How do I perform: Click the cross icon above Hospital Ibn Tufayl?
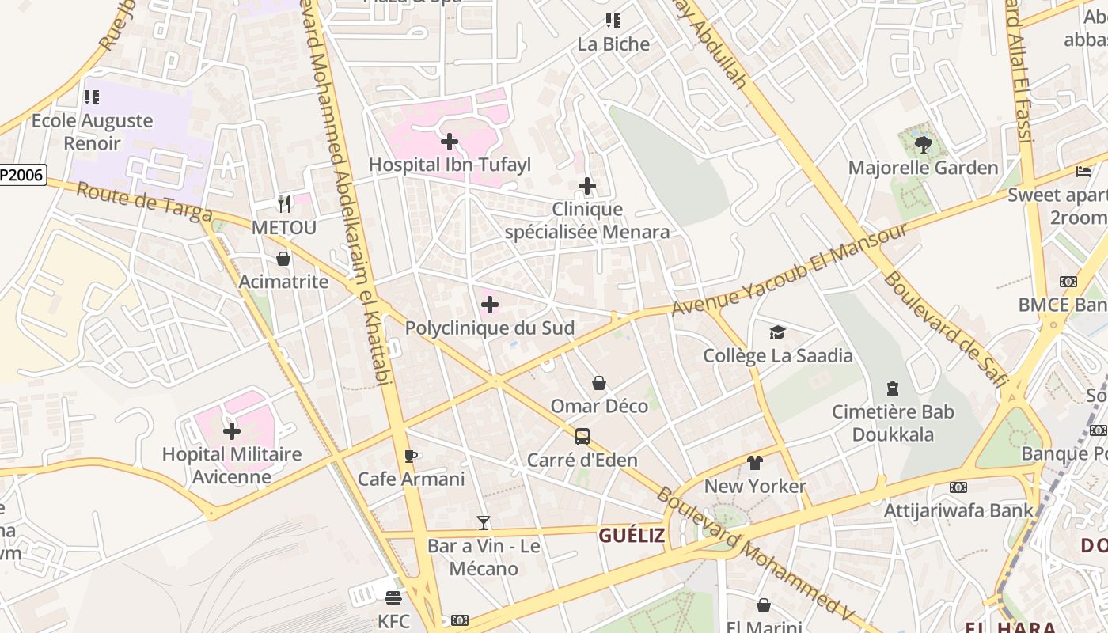click(450, 142)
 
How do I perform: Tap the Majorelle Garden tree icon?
click(923, 144)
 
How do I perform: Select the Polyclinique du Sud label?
click(489, 328)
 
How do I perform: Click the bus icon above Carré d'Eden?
click(582, 436)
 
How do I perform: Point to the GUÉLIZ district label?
click(632, 536)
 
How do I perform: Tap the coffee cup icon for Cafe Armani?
click(410, 456)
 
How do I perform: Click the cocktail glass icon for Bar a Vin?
click(484, 522)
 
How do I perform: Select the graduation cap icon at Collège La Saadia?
click(778, 332)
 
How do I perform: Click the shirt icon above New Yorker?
click(754, 462)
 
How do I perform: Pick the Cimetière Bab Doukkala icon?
click(893, 389)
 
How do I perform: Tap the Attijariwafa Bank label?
click(958, 510)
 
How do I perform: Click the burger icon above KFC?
click(393, 597)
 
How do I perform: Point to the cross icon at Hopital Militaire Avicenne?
click(232, 431)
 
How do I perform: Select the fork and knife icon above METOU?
click(284, 204)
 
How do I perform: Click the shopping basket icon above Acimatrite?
click(283, 259)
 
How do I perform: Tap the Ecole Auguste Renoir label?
click(92, 132)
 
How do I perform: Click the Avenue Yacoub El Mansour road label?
click(789, 269)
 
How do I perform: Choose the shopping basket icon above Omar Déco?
click(599, 383)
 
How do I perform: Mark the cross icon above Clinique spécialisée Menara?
click(586, 186)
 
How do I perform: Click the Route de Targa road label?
click(144, 203)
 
